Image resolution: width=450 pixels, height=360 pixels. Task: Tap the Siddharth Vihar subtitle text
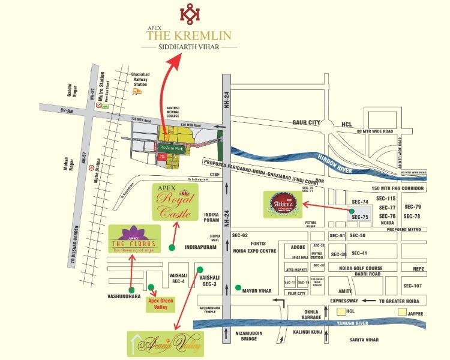pyautogui.click(x=189, y=46)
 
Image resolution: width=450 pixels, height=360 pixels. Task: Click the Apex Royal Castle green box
pyautogui.click(x=176, y=202)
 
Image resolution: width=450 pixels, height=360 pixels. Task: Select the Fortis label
pyautogui.click(x=257, y=242)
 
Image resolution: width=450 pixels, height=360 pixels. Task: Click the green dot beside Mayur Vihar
pyautogui.click(x=238, y=289)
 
